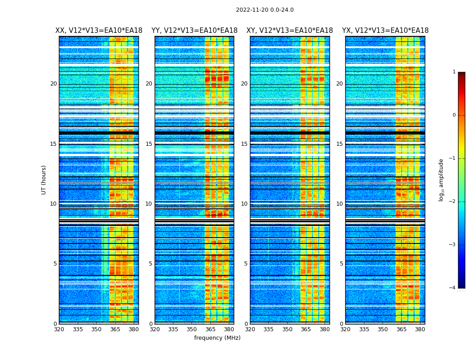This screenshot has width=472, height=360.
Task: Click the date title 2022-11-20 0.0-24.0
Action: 265,10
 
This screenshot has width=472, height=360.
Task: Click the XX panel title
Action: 99,31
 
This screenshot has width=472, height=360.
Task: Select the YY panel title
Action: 194,31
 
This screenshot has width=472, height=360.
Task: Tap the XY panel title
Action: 289,31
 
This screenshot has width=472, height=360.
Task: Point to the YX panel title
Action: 385,31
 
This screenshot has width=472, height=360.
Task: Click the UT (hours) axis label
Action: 44,180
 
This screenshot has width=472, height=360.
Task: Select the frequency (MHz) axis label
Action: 217,338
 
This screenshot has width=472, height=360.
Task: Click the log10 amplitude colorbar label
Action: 441,180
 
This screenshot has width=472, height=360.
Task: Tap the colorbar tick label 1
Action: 454,72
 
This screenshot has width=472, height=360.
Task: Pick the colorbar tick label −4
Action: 453,288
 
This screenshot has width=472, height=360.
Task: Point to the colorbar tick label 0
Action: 454,115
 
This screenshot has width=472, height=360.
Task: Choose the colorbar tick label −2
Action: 453,202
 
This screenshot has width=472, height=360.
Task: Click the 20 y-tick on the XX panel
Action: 53,84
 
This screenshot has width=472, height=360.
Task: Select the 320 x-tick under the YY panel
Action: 155,329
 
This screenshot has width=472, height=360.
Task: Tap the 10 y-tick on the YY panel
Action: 149,204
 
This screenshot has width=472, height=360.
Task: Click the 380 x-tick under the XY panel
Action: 325,329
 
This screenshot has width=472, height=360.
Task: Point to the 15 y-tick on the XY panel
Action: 244,144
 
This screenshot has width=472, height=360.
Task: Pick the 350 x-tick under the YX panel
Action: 383,329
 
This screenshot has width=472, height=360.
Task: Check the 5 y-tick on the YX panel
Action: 341,264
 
